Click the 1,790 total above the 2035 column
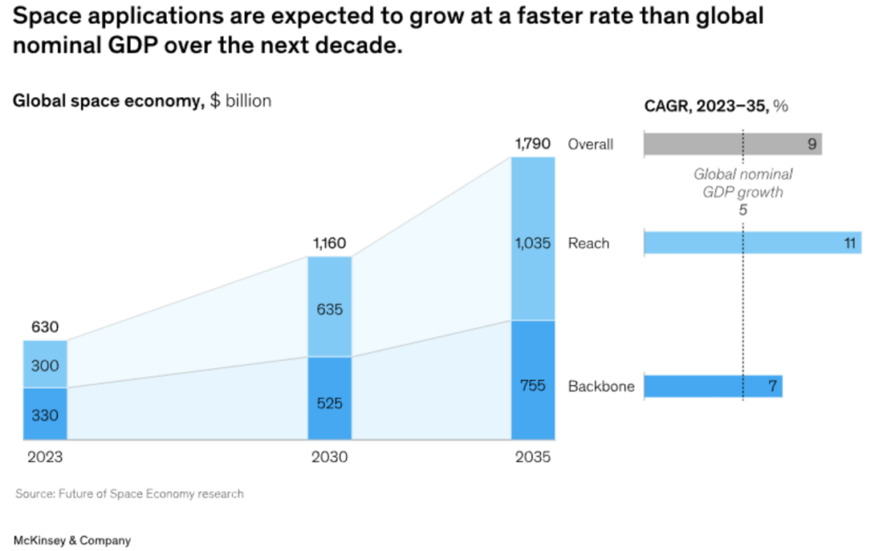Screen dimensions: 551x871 pyautogui.click(x=533, y=144)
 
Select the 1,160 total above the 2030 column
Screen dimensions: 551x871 pyautogui.click(x=329, y=244)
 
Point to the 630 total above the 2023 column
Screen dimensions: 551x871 pyautogui.click(x=45, y=327)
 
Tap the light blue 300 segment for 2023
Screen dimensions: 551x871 pyautogui.click(x=45, y=365)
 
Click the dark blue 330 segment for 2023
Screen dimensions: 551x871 pyautogui.click(x=45, y=414)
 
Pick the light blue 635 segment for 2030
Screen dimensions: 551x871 pyautogui.click(x=329, y=308)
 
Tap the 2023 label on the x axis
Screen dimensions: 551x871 pyautogui.click(x=45, y=457)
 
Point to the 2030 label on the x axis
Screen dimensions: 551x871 pyautogui.click(x=329, y=457)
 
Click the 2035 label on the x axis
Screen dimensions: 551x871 pyautogui.click(x=533, y=457)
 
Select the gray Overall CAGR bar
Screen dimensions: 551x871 pyautogui.click(x=732, y=144)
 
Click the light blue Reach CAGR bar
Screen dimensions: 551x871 pyautogui.click(x=752, y=243)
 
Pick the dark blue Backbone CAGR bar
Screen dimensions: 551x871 pyautogui.click(x=713, y=386)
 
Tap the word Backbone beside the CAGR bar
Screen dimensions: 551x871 pyautogui.click(x=601, y=386)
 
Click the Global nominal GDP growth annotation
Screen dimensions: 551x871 pyautogui.click(x=743, y=183)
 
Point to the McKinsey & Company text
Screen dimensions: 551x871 pyautogui.click(x=72, y=540)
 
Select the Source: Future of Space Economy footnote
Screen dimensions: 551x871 pyautogui.click(x=129, y=494)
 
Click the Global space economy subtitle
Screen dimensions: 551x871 pyautogui.click(x=141, y=101)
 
